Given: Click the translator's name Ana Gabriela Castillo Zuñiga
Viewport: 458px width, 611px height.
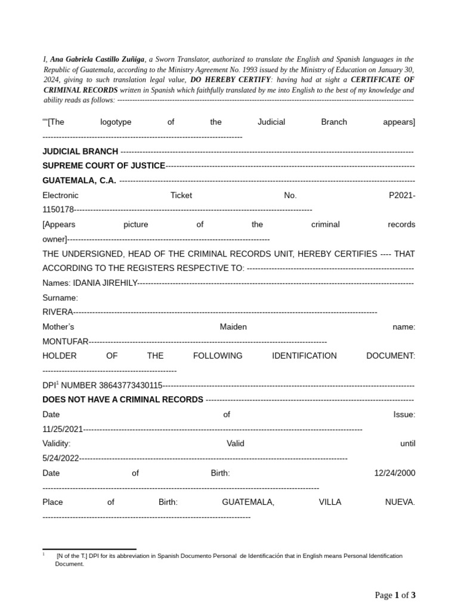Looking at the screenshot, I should [x=97, y=60].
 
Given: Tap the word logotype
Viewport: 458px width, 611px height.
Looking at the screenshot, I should [x=116, y=122].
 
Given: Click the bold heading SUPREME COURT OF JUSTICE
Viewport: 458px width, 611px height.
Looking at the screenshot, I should [x=104, y=166].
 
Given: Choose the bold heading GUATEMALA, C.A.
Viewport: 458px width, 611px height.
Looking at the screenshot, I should [x=79, y=180].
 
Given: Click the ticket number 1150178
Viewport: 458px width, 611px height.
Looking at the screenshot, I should [x=58, y=210].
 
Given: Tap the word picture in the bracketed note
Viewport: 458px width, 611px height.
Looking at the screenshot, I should [x=136, y=224].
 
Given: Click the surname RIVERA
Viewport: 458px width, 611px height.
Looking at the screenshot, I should [x=57, y=312].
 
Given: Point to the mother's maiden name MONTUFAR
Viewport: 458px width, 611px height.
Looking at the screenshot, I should [x=65, y=341].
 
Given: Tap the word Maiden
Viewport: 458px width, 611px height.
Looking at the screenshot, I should [x=233, y=327].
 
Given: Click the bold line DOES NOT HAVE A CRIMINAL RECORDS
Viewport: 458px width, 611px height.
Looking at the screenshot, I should [x=123, y=399].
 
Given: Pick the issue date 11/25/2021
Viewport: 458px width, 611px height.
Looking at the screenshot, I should [x=63, y=429].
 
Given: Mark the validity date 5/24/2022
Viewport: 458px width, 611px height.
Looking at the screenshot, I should [x=61, y=458].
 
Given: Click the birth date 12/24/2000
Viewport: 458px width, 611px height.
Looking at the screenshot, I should [x=394, y=473].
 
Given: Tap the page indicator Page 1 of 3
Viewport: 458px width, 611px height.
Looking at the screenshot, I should [x=395, y=595].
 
